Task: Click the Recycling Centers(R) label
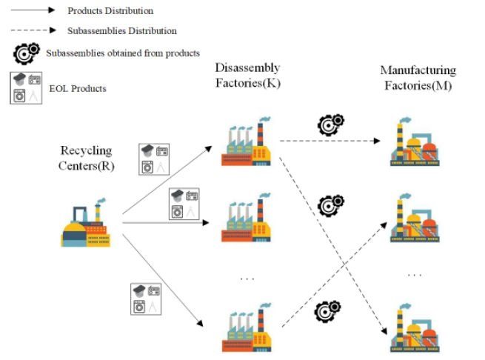point(86,158)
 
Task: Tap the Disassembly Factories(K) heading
point(248,76)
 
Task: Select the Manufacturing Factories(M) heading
point(418,77)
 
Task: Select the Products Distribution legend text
point(110,11)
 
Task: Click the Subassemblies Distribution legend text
point(122,31)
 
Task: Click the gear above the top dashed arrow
point(330,124)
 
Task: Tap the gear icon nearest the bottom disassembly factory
point(327,311)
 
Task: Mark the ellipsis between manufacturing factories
point(415,274)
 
